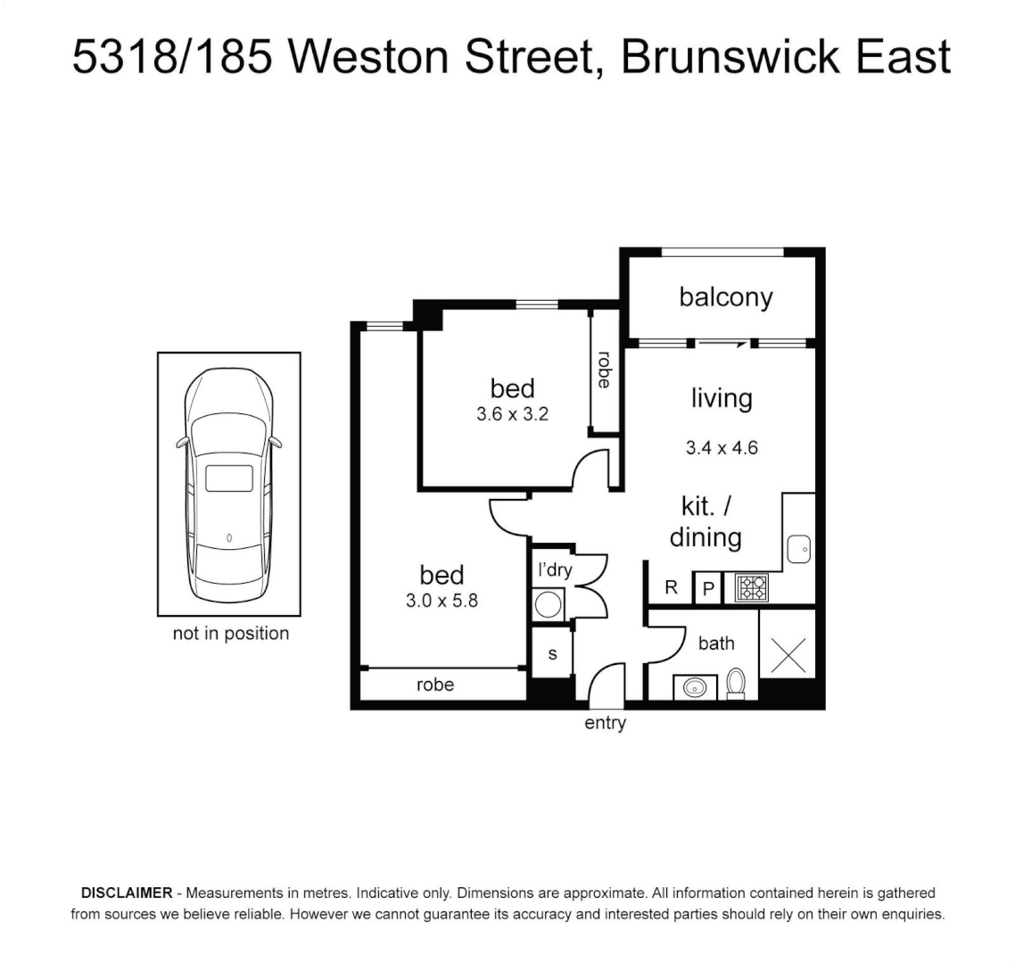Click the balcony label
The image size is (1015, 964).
click(725, 297)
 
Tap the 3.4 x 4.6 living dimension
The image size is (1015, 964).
click(722, 448)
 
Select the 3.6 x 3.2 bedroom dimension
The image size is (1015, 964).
click(512, 413)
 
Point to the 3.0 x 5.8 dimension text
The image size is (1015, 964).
click(441, 601)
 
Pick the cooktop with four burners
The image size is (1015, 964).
click(751, 587)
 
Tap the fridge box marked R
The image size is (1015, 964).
click(670, 588)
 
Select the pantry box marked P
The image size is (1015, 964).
click(708, 588)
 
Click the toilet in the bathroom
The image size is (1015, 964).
click(736, 683)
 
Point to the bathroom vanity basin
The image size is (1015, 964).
click(693, 687)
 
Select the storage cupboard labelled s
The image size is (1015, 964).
click(552, 654)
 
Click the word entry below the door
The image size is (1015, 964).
click(605, 724)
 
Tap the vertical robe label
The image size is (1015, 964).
click(605, 370)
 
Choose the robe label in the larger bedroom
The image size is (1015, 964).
click(435, 685)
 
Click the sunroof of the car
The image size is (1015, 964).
click(229, 478)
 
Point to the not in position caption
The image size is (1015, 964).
click(230, 634)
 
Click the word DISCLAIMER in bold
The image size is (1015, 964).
click(126, 893)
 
